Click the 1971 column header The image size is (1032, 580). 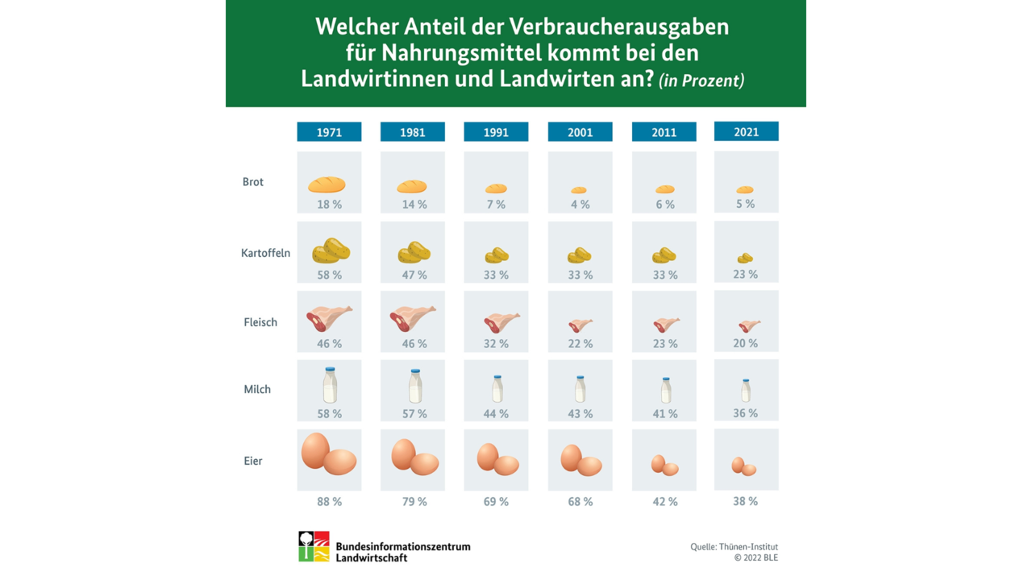(329, 132)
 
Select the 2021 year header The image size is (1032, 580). (746, 131)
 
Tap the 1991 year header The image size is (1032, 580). (496, 132)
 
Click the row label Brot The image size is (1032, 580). (253, 182)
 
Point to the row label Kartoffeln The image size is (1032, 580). (265, 253)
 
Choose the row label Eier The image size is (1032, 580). (253, 461)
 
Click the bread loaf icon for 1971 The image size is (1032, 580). (327, 184)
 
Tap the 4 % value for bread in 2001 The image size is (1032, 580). (580, 205)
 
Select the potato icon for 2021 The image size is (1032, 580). (745, 258)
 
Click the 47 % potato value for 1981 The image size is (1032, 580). (414, 275)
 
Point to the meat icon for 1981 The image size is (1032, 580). (412, 318)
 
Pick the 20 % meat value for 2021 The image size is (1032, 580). (745, 343)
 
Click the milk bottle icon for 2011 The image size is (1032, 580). (665, 391)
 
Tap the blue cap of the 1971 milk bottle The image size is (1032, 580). (330, 370)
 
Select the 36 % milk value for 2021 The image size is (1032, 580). (745, 413)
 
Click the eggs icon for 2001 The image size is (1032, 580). (580, 460)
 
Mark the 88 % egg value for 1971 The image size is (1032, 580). (329, 501)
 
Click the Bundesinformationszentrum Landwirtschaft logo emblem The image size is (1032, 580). (314, 546)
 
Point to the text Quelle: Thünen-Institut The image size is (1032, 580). (734, 547)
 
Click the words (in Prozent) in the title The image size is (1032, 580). (701, 81)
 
